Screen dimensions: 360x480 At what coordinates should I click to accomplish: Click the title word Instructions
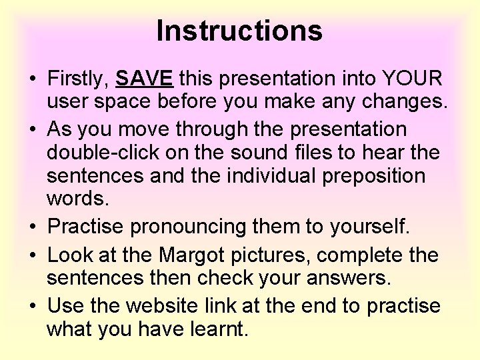pyautogui.click(x=239, y=31)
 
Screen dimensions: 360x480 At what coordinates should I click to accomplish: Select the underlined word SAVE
pyautogui.click(x=145, y=79)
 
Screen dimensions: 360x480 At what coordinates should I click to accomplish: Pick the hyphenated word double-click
pyautogui.click(x=103, y=153)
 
